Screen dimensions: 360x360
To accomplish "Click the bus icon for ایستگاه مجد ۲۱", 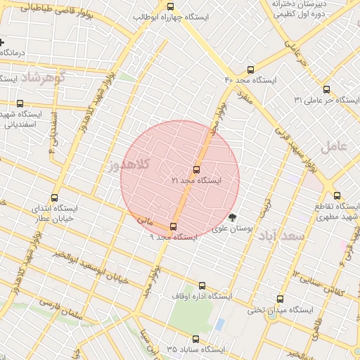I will (196, 169).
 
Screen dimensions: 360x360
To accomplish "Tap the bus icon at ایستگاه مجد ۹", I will (174, 226).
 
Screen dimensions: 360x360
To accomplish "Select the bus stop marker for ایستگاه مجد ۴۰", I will (251, 70).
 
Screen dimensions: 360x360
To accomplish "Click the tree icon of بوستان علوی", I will (233, 217).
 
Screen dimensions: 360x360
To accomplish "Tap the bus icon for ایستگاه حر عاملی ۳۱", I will (326, 89).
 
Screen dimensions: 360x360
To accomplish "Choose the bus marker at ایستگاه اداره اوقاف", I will (202, 285).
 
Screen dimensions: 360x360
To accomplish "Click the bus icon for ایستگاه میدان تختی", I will (281, 299).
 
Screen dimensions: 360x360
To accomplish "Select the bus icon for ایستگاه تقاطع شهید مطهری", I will (337, 196).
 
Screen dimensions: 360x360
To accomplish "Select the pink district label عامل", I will (333, 147).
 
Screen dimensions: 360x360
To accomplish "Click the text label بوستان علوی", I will (232, 229).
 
